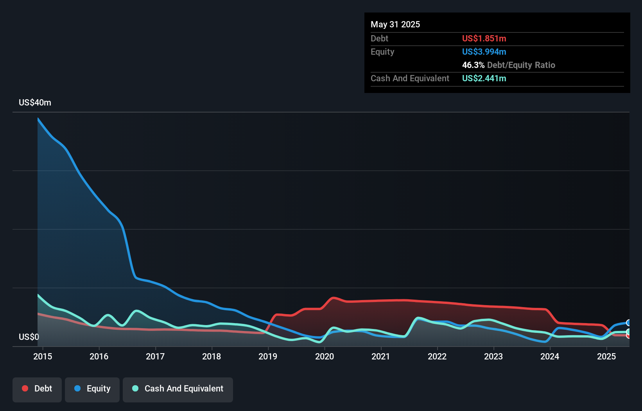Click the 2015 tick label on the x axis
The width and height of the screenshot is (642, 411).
click(43, 356)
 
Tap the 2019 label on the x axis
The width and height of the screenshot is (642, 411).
click(268, 356)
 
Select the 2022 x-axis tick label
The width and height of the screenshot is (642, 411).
click(437, 356)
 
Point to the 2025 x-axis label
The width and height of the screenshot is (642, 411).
click(606, 356)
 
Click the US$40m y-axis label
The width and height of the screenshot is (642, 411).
click(35, 102)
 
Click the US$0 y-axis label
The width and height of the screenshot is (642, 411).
click(29, 337)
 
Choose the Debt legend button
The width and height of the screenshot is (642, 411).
click(37, 389)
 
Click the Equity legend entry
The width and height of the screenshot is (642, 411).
click(92, 389)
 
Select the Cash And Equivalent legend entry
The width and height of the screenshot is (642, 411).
click(178, 389)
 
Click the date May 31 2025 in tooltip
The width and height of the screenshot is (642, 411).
click(395, 24)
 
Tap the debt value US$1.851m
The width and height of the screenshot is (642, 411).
click(484, 38)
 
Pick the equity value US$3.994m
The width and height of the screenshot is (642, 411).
click(484, 52)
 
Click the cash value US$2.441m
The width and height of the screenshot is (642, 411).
click(484, 78)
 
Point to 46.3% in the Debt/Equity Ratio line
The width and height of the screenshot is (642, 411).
click(473, 65)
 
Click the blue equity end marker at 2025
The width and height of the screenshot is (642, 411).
click(628, 323)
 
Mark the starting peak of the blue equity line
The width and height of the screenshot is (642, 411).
click(38, 118)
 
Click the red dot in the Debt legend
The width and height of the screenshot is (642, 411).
click(25, 388)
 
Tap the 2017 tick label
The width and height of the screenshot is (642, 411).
click(155, 356)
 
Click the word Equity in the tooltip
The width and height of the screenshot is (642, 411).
click(382, 52)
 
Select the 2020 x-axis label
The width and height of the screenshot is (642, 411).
click(325, 356)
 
